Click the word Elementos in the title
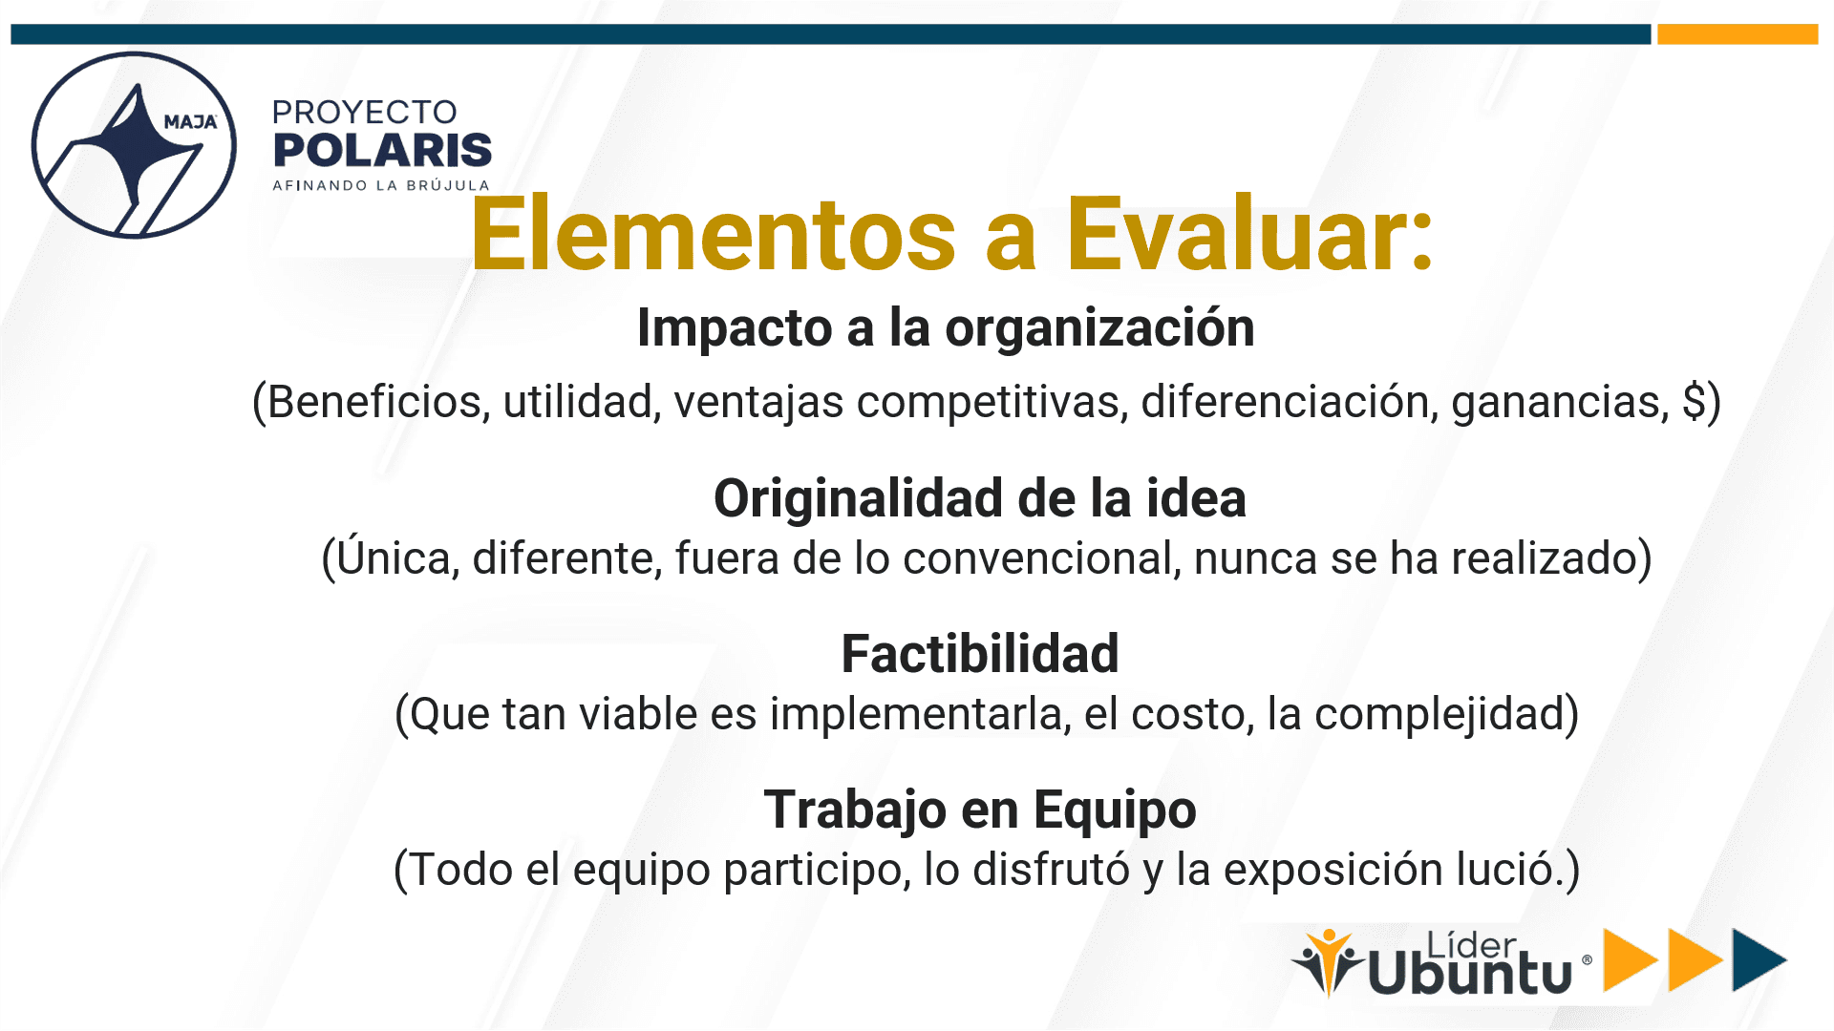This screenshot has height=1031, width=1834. click(x=713, y=234)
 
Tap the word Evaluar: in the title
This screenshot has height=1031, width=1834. click(x=1249, y=234)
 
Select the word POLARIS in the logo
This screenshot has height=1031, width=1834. click(x=382, y=150)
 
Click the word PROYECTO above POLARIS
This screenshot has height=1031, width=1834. click(x=365, y=112)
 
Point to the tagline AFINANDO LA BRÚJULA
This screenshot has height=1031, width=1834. click(x=381, y=185)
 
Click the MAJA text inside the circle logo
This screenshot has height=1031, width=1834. click(x=190, y=122)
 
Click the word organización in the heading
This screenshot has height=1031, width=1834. click(x=1099, y=328)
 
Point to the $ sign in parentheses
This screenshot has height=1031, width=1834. click(x=1694, y=401)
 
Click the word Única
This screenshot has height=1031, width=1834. click(x=397, y=558)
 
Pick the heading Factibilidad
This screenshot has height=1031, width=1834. click(x=980, y=654)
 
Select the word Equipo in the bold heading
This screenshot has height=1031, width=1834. click(x=1115, y=810)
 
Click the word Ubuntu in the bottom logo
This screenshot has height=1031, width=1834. click(x=1470, y=973)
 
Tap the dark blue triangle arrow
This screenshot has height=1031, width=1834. click(x=1757, y=959)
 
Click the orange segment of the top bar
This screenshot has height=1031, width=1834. click(x=1738, y=34)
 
